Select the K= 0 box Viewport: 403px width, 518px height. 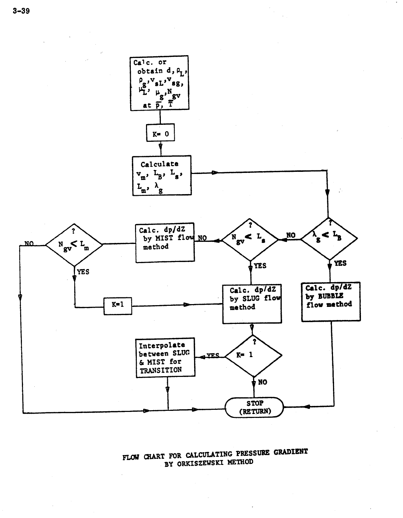(x=160, y=134)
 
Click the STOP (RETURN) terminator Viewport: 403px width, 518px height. (x=255, y=407)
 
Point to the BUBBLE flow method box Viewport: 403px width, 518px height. (x=331, y=301)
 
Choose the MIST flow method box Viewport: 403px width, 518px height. (x=165, y=243)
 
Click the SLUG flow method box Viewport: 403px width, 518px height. (x=252, y=304)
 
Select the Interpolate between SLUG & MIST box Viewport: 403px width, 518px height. (x=165, y=357)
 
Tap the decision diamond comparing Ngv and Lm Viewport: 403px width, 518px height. (x=74, y=244)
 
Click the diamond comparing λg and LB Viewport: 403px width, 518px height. (x=329, y=239)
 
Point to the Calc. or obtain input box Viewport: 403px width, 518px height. (x=159, y=83)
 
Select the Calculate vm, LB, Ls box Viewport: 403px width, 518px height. (x=162, y=175)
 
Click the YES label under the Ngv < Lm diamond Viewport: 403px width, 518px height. (x=83, y=272)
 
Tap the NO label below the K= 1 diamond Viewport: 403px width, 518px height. (x=263, y=382)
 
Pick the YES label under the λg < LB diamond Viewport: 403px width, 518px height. (x=340, y=263)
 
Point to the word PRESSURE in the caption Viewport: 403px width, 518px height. (x=253, y=453)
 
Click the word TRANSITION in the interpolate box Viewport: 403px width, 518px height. (x=161, y=370)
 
